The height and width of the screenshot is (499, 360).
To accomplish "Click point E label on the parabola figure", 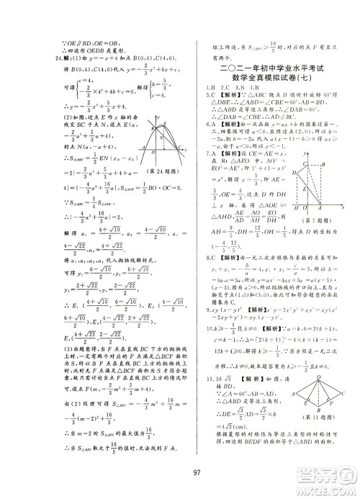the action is (168, 121).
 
